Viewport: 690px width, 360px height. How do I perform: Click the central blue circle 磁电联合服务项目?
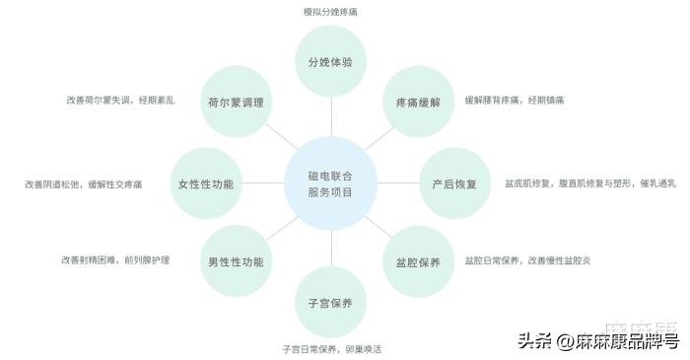[330, 183]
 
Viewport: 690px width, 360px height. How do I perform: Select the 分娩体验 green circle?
[330, 61]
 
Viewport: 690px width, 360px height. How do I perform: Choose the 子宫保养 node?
[330, 302]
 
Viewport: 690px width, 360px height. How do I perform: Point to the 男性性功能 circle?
[235, 262]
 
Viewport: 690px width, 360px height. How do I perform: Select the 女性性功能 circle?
[206, 183]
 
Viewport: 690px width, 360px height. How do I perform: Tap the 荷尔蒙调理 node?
[235, 103]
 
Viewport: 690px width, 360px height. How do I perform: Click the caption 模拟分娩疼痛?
[330, 13]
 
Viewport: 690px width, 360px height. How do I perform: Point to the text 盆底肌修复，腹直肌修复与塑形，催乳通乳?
[589, 183]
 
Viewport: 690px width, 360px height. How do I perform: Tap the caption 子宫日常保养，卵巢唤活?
[331, 349]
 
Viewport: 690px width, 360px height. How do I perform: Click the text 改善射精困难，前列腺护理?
[114, 260]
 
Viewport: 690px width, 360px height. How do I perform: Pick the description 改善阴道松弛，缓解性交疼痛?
[83, 183]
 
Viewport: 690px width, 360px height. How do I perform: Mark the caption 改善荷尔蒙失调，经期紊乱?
[120, 101]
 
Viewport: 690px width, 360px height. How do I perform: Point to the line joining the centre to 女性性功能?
[261, 183]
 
